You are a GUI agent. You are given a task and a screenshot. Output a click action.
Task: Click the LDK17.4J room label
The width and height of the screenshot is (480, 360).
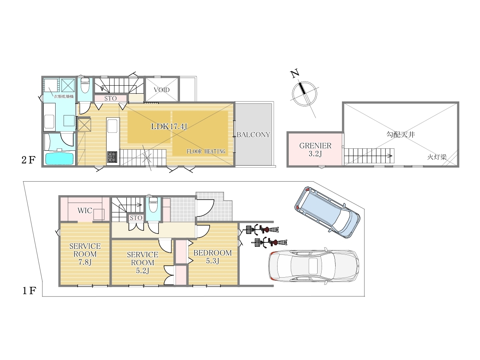coord(169,126)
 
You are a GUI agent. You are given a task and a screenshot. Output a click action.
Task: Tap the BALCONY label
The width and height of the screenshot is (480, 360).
coord(254,135)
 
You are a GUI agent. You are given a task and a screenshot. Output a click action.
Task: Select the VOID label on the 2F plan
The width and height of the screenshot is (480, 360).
coord(162,90)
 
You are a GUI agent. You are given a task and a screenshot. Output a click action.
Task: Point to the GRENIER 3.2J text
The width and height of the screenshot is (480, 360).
coord(315,150)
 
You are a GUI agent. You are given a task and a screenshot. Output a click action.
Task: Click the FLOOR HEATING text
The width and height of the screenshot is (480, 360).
coord(206,152)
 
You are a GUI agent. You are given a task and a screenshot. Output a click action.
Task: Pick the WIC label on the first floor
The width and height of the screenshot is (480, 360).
coord(85,211)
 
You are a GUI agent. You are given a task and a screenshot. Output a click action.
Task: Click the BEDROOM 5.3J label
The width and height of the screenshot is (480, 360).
coord(212,257)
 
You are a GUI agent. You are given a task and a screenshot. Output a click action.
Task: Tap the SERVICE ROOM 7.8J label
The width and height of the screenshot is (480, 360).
coord(85,254)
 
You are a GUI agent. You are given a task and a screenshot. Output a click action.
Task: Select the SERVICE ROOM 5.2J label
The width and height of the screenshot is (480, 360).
coord(142,262)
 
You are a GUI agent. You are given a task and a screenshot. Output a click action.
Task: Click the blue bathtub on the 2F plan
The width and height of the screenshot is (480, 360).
coord(60,158)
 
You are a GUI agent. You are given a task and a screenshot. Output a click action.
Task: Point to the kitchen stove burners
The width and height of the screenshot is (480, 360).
coord(112,157)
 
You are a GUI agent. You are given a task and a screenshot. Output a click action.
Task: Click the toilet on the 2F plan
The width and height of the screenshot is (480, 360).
coord(85,86)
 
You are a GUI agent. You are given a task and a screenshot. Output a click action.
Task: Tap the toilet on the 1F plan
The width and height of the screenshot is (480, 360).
coord(153,204)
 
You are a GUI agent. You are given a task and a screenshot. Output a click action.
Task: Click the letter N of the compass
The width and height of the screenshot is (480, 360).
coord(294,74)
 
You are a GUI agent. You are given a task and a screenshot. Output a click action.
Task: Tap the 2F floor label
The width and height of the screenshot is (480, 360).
coord(28,160)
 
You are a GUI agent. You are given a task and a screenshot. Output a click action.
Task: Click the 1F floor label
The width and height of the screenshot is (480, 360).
coord(29,291)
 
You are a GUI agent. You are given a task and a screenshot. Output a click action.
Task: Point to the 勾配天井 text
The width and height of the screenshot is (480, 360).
coord(400,134)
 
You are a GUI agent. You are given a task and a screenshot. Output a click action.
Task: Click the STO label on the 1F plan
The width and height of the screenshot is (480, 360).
coord(136,218)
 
